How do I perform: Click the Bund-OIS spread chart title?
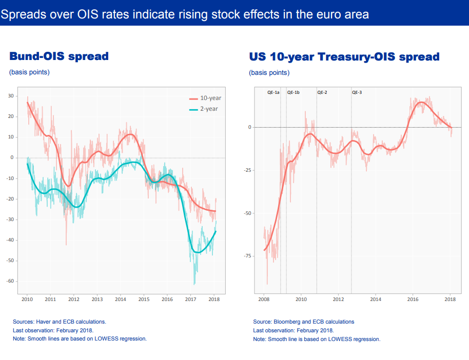pos(59,56)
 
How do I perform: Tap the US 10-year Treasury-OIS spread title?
pos(344,56)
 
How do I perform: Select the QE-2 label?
pos(322,93)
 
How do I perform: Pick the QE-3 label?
pos(357,93)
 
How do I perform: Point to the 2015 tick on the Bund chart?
pos(144,299)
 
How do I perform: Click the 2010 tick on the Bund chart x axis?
pos(27,299)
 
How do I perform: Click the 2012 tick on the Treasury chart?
pos(338,299)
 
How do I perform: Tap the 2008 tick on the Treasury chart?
pos(264,299)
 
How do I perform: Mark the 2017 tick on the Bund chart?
pos(190,299)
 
